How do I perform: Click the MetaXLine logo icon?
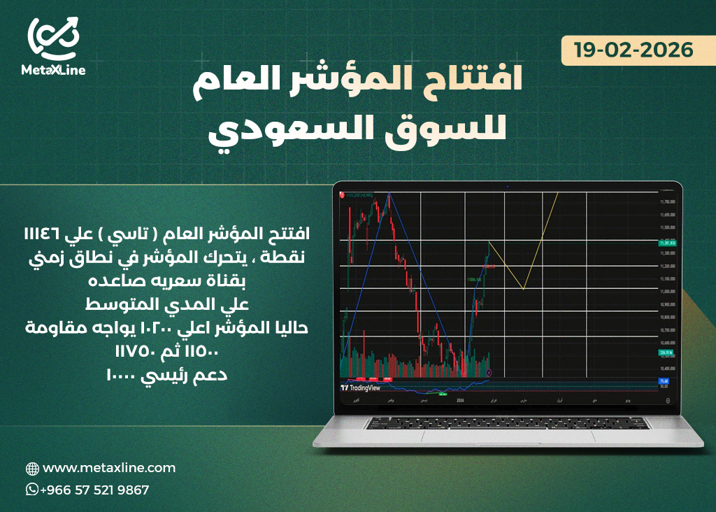click(x=53, y=38)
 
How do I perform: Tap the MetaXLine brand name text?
click(x=53, y=71)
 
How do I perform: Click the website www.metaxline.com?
click(x=109, y=467)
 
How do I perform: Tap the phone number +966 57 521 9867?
click(x=94, y=490)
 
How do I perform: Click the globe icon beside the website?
click(x=32, y=468)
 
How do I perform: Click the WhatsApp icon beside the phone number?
click(x=32, y=490)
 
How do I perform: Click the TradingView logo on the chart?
click(x=361, y=387)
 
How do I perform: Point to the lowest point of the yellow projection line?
click(x=523, y=288)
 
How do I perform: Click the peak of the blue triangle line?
click(x=389, y=194)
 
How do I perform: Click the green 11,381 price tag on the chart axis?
click(x=667, y=243)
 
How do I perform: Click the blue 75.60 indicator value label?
click(x=664, y=381)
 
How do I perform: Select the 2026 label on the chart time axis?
click(x=459, y=401)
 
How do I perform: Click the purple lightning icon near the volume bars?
click(x=489, y=373)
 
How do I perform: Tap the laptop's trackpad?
click(x=508, y=434)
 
